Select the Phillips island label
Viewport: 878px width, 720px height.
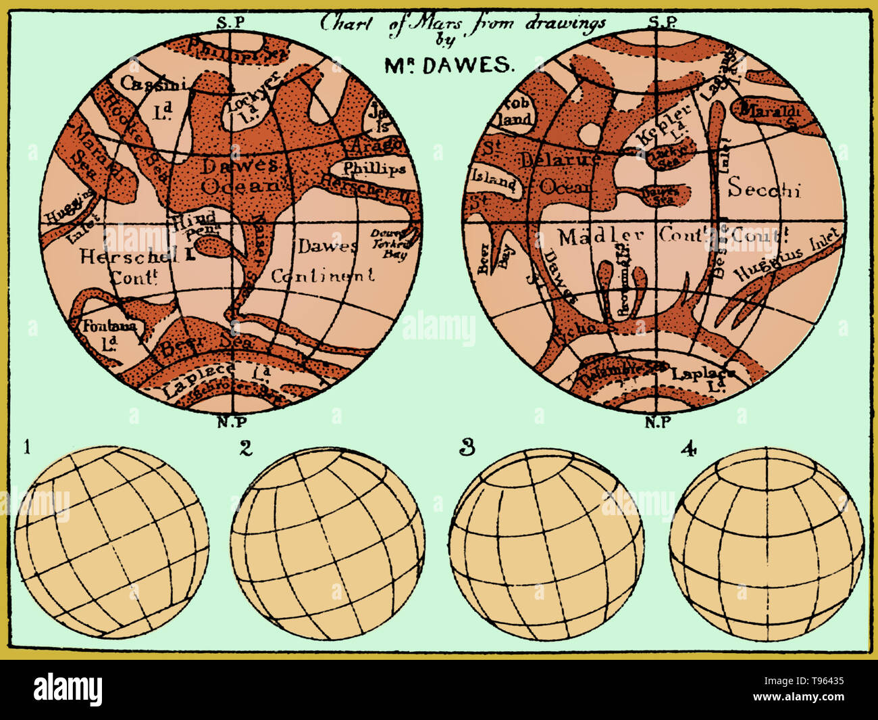click(374, 168)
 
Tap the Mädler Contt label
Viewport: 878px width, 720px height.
click(621, 236)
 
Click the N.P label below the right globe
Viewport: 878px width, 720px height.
click(658, 423)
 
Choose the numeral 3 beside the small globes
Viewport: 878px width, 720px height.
click(466, 447)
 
